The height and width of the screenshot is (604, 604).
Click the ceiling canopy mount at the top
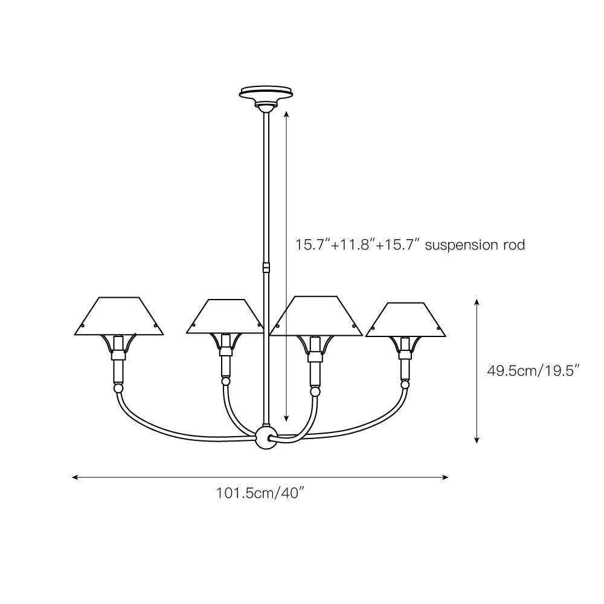266,94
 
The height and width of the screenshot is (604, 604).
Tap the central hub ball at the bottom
265,437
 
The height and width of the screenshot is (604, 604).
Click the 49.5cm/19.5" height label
533,370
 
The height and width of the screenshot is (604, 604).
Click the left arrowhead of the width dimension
74,477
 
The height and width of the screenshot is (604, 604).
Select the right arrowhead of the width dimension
446,477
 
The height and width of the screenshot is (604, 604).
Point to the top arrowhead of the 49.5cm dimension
477,301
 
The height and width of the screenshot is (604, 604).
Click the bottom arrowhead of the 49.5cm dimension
477,441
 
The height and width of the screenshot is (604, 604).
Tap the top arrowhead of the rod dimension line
286,113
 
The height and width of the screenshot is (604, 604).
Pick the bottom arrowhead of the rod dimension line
286,418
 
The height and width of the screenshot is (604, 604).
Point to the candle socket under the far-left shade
118,365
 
